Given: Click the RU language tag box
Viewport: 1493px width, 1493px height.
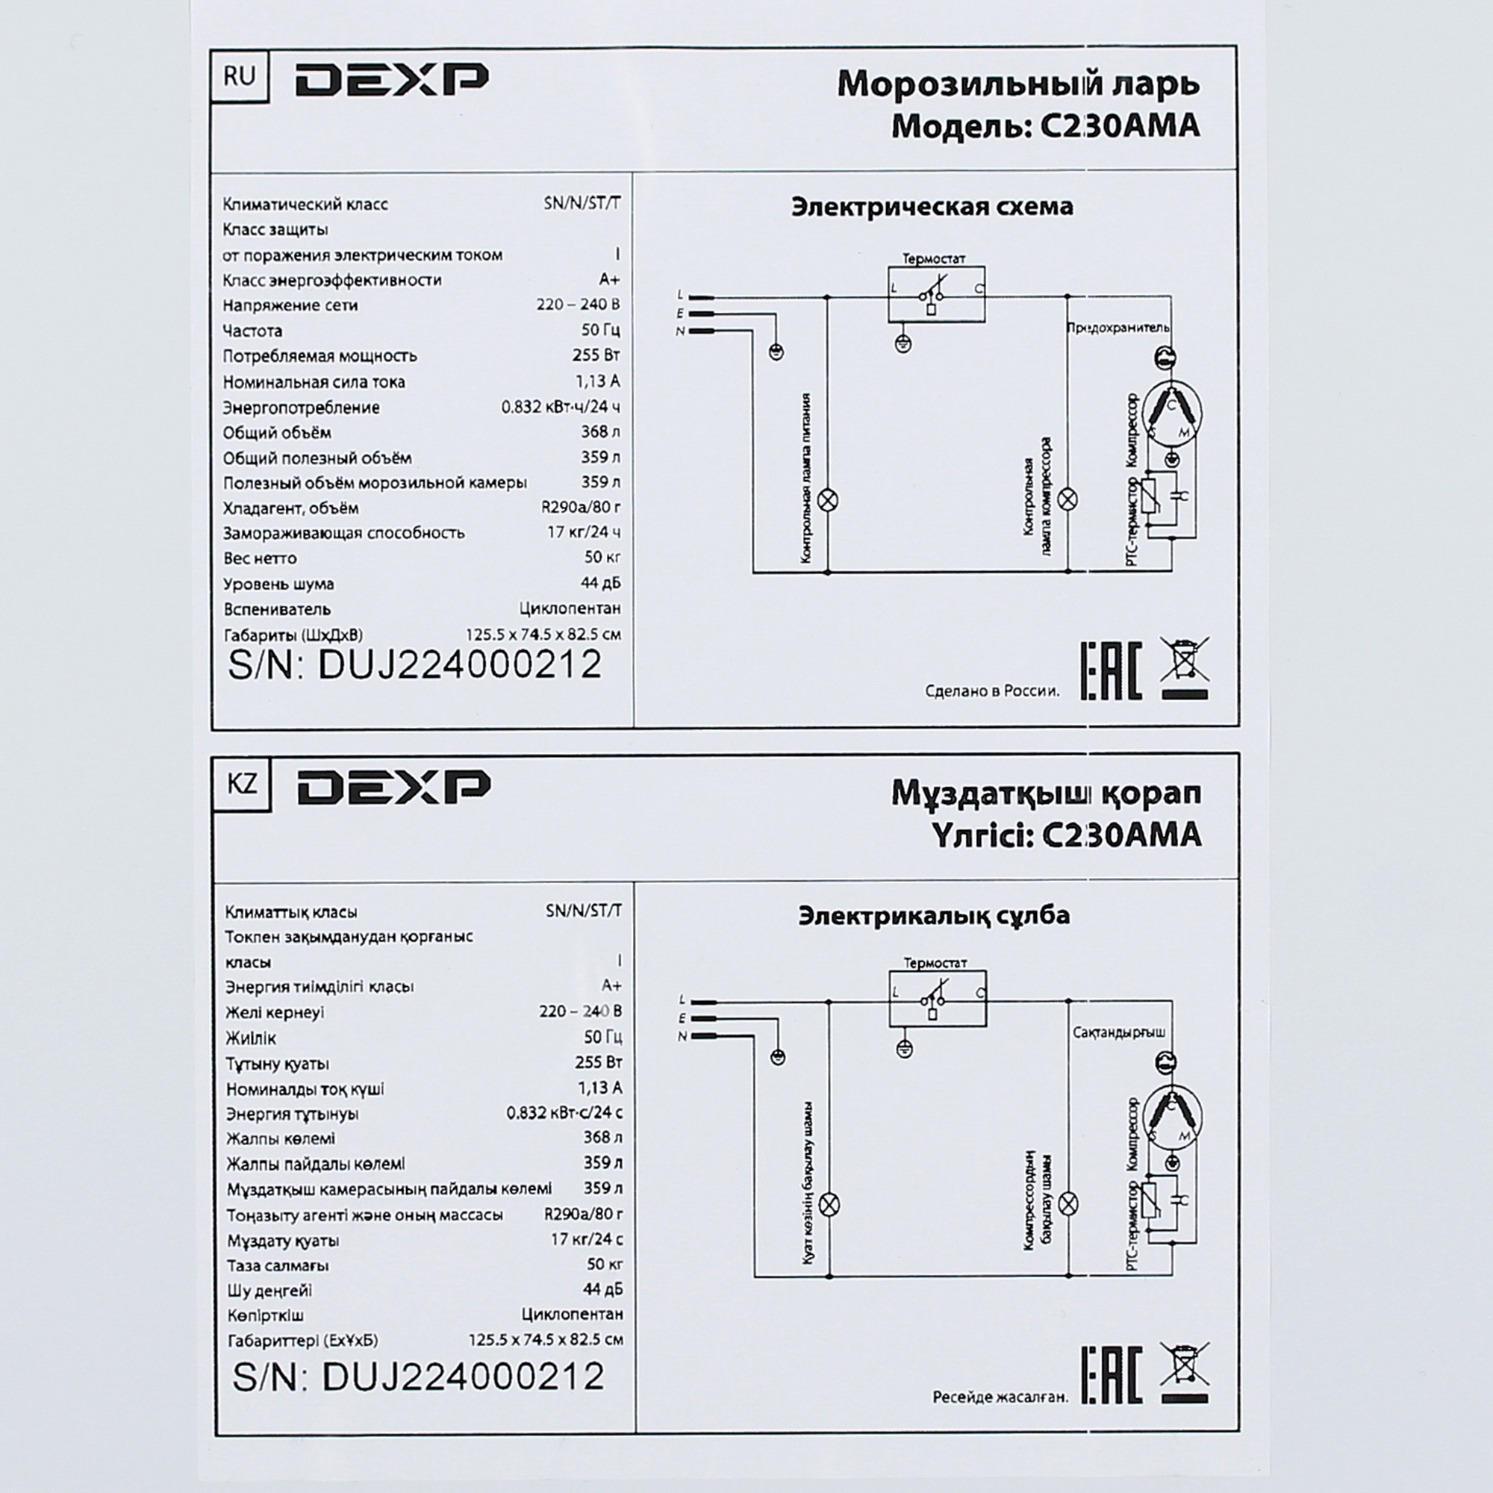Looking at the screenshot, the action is [x=240, y=76].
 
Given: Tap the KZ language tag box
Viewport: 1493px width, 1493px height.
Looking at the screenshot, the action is [x=243, y=785].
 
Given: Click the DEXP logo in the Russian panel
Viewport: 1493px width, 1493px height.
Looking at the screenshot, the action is [x=392, y=80].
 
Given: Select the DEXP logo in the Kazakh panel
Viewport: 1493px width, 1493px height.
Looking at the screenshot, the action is [x=394, y=787].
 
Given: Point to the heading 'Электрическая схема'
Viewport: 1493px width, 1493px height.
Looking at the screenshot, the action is [x=932, y=207].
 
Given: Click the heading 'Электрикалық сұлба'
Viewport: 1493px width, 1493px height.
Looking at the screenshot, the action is [x=935, y=916].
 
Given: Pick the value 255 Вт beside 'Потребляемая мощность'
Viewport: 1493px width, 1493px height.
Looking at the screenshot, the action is [x=596, y=355].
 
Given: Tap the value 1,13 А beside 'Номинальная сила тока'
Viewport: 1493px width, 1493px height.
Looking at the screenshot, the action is [x=597, y=381].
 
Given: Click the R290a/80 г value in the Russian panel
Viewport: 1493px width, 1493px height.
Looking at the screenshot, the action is [x=581, y=508].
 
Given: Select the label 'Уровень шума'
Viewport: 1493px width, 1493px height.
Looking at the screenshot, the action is [x=279, y=585].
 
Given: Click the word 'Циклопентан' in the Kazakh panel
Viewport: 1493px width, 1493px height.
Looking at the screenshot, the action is [x=572, y=1315].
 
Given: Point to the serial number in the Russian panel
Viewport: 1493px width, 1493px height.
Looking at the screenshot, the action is [x=415, y=665].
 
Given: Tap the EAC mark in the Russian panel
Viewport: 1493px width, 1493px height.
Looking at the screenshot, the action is [x=1111, y=671].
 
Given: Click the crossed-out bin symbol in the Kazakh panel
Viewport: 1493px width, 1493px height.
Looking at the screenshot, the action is [x=1185, y=1374].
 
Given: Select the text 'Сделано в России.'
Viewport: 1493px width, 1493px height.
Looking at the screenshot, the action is [x=992, y=691].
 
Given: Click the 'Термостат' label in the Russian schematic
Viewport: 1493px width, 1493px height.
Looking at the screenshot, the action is [x=935, y=259].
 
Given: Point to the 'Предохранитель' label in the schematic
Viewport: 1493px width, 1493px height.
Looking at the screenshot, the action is [x=1118, y=328].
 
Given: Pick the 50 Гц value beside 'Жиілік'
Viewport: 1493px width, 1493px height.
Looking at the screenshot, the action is [x=602, y=1037].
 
